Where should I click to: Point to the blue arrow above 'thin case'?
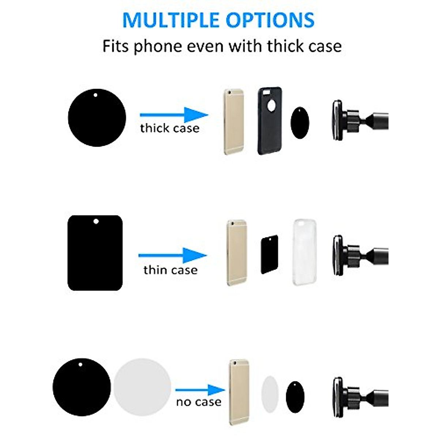click(x=173, y=255)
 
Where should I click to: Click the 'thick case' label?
click(x=170, y=128)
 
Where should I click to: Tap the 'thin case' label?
click(x=170, y=270)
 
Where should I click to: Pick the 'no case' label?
click(x=199, y=402)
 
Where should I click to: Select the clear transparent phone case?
click(x=304, y=252)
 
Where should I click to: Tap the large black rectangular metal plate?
click(x=95, y=253)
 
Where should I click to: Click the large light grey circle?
click(x=142, y=387)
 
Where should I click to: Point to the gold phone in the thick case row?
click(x=233, y=121)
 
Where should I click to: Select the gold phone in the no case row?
click(x=239, y=392)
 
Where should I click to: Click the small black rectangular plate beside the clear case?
click(x=270, y=255)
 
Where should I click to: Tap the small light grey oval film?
click(x=270, y=394)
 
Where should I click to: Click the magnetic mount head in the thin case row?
click(x=338, y=255)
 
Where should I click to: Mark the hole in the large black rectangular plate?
click(x=96, y=221)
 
